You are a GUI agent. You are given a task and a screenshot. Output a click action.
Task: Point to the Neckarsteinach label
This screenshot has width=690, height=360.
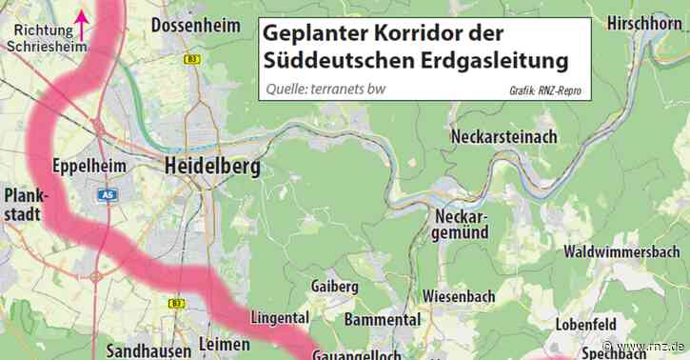(503, 136)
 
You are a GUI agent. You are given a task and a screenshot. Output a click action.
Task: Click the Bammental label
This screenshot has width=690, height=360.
(383, 319)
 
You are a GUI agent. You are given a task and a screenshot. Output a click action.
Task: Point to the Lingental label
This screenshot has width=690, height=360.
(282, 317)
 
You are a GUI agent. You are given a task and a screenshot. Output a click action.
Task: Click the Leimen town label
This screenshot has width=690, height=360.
(225, 344)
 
